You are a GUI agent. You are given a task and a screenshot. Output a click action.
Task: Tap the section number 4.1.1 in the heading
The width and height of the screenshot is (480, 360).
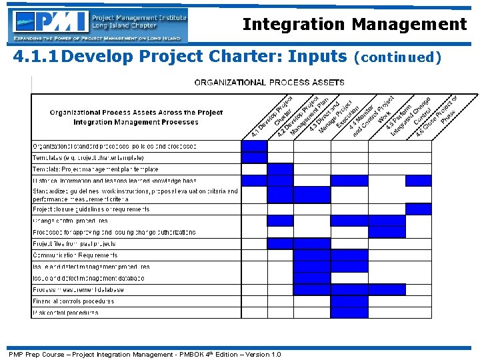coord(37,57)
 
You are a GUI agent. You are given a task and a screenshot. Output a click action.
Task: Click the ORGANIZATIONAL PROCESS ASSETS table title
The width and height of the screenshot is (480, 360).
coord(269,83)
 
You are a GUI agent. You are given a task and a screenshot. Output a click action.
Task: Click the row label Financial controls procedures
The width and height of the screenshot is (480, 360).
coord(73,301)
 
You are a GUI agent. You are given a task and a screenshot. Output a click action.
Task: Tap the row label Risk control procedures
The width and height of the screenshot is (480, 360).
coord(65,313)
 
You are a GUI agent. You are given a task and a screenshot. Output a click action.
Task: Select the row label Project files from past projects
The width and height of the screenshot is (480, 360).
coord(75,244)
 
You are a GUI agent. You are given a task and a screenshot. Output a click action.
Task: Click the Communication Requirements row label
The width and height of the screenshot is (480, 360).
coord(75,255)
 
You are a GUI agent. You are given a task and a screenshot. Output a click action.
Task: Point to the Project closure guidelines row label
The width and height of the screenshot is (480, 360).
coord(91,209)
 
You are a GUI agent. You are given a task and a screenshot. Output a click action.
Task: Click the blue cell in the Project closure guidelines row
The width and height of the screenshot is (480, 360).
coord(419,209)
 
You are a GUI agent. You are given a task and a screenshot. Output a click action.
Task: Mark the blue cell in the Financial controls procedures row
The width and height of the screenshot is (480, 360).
coord(349,301)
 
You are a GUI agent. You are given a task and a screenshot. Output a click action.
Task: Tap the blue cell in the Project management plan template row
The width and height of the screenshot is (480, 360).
coord(280,169)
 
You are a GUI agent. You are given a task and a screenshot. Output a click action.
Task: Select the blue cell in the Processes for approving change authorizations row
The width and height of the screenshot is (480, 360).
coord(387,232)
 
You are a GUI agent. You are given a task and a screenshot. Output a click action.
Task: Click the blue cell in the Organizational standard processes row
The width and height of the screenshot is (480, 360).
coord(254,146)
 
